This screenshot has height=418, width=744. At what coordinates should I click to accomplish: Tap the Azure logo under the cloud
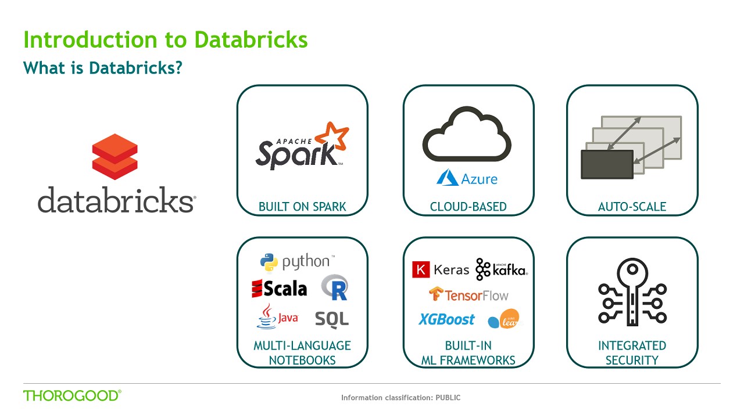click(x=467, y=178)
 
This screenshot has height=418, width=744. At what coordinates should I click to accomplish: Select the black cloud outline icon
click(x=467, y=134)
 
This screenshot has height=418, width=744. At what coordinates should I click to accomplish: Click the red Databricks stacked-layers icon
click(x=115, y=157)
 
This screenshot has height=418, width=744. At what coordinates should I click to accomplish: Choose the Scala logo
click(x=280, y=289)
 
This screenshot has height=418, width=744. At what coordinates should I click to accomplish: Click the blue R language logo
click(x=335, y=287)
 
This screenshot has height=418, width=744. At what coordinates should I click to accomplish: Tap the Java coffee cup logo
click(x=278, y=316)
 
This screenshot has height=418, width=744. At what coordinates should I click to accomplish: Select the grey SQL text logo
click(x=332, y=319)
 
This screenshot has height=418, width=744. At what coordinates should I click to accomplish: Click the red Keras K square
click(x=421, y=269)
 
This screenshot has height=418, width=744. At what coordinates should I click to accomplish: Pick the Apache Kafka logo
click(x=502, y=269)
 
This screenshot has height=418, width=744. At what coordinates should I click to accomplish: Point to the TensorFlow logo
click(x=468, y=294)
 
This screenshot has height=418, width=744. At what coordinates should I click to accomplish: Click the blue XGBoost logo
click(x=446, y=319)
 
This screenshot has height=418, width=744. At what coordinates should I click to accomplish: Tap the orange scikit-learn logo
click(x=504, y=319)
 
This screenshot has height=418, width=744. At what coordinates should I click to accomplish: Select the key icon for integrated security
click(x=632, y=292)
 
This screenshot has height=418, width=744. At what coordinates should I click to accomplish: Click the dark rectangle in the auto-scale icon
click(x=607, y=164)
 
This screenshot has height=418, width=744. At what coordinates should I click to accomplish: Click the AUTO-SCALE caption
click(x=632, y=207)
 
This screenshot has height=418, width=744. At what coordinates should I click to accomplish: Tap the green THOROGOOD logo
click(x=72, y=395)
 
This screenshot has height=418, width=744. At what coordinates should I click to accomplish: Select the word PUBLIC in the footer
click(x=448, y=398)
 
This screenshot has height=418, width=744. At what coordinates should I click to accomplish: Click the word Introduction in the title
click(x=90, y=40)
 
